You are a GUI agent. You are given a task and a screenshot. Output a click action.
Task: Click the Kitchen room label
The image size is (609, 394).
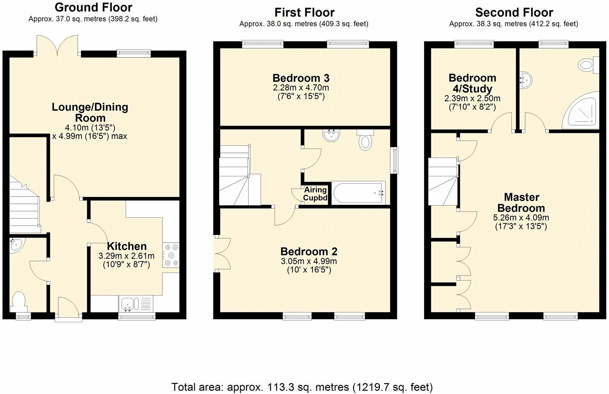(127, 246)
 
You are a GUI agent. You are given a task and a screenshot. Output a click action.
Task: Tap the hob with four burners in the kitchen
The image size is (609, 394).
(171, 255)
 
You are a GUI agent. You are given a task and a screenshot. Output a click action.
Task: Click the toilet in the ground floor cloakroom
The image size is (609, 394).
(19, 302)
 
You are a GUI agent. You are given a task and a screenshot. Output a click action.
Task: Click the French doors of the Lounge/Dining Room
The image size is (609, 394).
(57, 46)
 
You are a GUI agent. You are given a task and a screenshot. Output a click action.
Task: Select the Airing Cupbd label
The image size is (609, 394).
(315, 193)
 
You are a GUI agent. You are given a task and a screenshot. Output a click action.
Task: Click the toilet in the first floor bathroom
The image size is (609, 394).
(365, 140)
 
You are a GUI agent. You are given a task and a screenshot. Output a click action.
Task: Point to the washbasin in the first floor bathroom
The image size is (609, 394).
(331, 135)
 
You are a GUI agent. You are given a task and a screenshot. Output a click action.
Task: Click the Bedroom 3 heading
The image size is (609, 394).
(301, 78)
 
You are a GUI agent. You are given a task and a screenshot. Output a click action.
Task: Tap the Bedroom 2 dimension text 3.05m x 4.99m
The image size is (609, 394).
(309, 261)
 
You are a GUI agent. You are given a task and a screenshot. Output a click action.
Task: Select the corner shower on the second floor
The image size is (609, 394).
(581, 111)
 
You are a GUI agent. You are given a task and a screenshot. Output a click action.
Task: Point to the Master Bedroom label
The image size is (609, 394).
(521, 202)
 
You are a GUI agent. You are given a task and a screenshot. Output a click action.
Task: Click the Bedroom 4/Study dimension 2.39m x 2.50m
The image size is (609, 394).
(472, 98)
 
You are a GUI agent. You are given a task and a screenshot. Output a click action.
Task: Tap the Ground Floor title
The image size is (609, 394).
(93, 7)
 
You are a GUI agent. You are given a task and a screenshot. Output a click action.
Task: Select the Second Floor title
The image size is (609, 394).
(514, 13)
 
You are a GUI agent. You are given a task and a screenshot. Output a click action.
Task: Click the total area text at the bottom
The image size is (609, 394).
(302, 387)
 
